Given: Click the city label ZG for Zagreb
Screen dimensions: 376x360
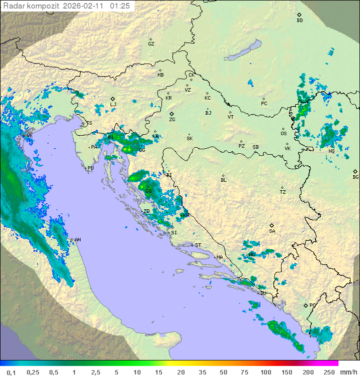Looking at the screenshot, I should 172,120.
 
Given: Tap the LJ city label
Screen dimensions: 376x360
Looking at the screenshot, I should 113,105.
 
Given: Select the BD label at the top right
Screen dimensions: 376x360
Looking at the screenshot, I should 299,21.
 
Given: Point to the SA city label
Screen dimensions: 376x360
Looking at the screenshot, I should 272,231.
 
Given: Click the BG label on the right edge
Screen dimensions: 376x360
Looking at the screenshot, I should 355,177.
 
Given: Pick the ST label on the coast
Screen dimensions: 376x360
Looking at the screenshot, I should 198,245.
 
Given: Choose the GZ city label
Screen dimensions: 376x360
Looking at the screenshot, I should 151,44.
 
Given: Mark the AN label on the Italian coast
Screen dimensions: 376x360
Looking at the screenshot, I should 77,240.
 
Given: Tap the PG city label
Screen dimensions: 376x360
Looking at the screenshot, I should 312,305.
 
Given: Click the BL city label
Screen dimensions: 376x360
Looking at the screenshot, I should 223,180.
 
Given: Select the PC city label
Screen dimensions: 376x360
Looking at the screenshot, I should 264,104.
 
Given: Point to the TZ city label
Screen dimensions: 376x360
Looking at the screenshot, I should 283,192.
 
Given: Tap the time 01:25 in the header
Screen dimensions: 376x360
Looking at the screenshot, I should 120,6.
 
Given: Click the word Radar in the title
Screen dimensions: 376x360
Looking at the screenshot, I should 12,6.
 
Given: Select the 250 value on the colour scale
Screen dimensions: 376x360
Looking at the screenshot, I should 329,372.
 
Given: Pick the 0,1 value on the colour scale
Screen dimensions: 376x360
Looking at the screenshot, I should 10,372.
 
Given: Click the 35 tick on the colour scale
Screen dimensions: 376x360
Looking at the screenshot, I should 202,372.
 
